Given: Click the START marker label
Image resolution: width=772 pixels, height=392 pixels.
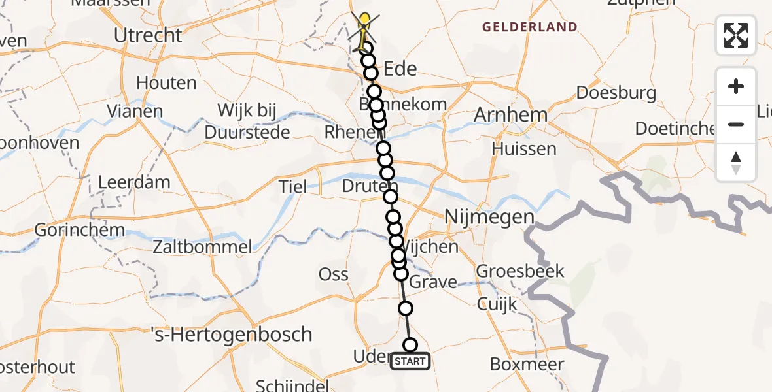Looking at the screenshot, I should pyautogui.click(x=410, y=361).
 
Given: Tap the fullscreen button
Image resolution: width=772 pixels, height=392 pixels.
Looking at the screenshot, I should pyautogui.click(x=736, y=35).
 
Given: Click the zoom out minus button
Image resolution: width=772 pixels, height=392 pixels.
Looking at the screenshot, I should pyautogui.click(x=736, y=124).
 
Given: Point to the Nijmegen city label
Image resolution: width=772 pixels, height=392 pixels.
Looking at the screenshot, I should pyautogui.click(x=489, y=217).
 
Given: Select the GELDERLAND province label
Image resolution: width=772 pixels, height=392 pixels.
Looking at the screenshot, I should pyautogui.click(x=530, y=27).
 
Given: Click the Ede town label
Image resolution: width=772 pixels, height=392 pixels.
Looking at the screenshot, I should pyautogui.click(x=400, y=69).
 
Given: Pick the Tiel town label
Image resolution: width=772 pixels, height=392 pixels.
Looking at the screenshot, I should pyautogui.click(x=292, y=188).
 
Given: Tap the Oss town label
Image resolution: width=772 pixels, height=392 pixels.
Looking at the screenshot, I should pyautogui.click(x=333, y=274).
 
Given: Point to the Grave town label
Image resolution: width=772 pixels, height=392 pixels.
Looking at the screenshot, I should pyautogui.click(x=434, y=282).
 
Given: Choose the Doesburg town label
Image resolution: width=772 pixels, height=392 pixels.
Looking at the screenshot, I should pyautogui.click(x=616, y=93).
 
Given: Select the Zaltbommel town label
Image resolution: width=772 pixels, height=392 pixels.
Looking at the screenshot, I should pyautogui.click(x=202, y=247).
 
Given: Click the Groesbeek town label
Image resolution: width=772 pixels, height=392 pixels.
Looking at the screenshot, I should pyautogui.click(x=519, y=270).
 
